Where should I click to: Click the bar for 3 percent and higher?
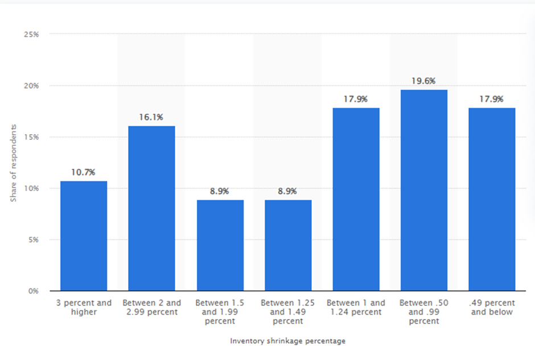click(84, 236)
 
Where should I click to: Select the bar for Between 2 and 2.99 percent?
click(151, 208)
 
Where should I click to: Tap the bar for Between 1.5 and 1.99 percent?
click(220, 245)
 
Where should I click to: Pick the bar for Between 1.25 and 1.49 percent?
click(287, 245)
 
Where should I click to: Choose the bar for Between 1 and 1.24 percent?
click(356, 199)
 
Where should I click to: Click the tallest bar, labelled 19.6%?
click(424, 190)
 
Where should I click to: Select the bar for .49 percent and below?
click(492, 199)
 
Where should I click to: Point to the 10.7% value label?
click(84, 172)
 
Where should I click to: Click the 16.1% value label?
click(151, 117)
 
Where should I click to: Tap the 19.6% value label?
click(424, 81)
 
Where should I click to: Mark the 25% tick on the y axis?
click(31, 35)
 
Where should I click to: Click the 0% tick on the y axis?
click(34, 291)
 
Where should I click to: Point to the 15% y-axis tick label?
click(31, 137)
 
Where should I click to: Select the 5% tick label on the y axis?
click(34, 240)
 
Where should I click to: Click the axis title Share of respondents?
click(13, 162)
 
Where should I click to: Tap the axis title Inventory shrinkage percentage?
click(287, 341)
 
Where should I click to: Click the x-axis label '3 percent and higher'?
click(84, 307)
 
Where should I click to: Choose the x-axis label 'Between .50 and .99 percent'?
click(424, 312)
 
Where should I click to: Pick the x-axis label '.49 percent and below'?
click(492, 307)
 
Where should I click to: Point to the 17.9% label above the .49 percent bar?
click(492, 99)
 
